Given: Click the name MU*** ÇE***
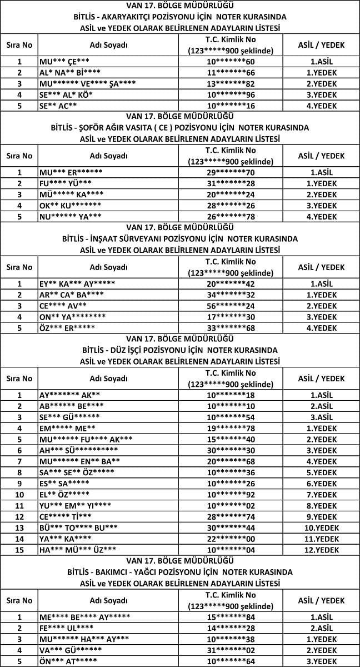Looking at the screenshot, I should (64, 61).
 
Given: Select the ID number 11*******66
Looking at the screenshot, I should (231, 72).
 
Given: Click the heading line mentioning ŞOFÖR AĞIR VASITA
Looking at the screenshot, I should (180, 127).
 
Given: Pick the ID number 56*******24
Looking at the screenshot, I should (231, 306).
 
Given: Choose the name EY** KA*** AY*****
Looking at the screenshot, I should (77, 283).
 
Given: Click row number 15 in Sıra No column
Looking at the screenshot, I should (19, 550).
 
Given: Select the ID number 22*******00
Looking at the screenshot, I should (231, 539).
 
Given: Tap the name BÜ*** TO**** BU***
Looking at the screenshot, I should (78, 528).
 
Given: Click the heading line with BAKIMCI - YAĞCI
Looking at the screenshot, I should (180, 572).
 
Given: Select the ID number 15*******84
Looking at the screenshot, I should (231, 617).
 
